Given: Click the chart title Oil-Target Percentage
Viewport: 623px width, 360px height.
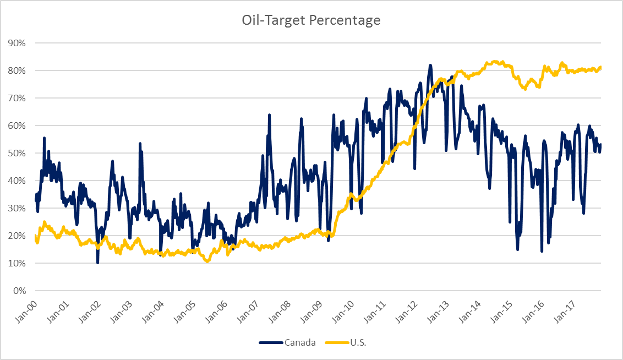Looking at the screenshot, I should (x=311, y=20).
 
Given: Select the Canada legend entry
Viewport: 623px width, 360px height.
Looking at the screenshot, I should (x=300, y=342).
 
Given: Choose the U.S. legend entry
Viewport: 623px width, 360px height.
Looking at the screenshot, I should (x=358, y=342).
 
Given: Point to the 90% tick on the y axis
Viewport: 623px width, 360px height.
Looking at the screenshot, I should (x=20, y=43).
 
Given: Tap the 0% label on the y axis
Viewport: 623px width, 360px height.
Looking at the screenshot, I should (x=22, y=291).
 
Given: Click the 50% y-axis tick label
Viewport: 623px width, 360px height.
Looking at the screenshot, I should (x=20, y=153).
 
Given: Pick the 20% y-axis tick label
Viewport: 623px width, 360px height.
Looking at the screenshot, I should (x=20, y=236).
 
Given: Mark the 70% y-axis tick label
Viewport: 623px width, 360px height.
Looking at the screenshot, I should (x=20, y=98).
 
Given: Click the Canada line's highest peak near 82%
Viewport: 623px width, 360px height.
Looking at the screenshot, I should (x=430, y=65).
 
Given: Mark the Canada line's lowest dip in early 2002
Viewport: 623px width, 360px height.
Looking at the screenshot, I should (x=98, y=263).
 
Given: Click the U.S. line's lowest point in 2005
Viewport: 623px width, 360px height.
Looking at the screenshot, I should (x=207, y=261).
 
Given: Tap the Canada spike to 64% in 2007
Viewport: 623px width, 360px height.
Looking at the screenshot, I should (x=269, y=115).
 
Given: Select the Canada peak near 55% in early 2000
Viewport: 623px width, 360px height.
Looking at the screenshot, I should (x=44, y=138).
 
